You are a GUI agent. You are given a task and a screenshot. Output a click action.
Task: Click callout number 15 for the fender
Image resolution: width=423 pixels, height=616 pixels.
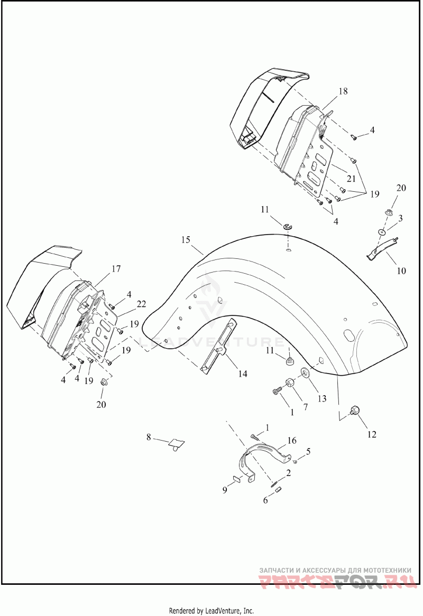[x=185, y=240]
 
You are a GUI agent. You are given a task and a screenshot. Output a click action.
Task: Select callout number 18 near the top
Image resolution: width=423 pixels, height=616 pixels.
[x=343, y=91]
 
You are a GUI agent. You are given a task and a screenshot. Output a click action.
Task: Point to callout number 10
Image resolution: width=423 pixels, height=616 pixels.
[x=401, y=271]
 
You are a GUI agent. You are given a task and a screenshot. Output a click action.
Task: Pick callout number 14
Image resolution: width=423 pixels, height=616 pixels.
[x=242, y=374]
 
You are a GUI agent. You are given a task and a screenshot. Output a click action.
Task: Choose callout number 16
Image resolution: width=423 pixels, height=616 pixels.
[x=292, y=440]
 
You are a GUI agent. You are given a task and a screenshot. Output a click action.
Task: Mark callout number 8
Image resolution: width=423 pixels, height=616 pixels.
[x=149, y=437]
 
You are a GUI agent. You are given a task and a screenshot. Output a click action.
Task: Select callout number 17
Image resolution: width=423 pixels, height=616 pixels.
[x=115, y=269]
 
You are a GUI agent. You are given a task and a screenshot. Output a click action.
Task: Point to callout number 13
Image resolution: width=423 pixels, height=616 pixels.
[x=322, y=399]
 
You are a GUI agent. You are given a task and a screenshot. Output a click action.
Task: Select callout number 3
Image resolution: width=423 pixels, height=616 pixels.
[x=401, y=218]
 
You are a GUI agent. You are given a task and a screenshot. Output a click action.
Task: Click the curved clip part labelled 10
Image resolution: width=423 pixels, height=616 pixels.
[x=381, y=250]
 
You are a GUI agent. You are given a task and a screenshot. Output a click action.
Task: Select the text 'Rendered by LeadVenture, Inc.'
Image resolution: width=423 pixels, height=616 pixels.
[x=211, y=611]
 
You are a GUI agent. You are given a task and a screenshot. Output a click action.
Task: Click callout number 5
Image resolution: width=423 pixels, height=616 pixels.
[x=308, y=451]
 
